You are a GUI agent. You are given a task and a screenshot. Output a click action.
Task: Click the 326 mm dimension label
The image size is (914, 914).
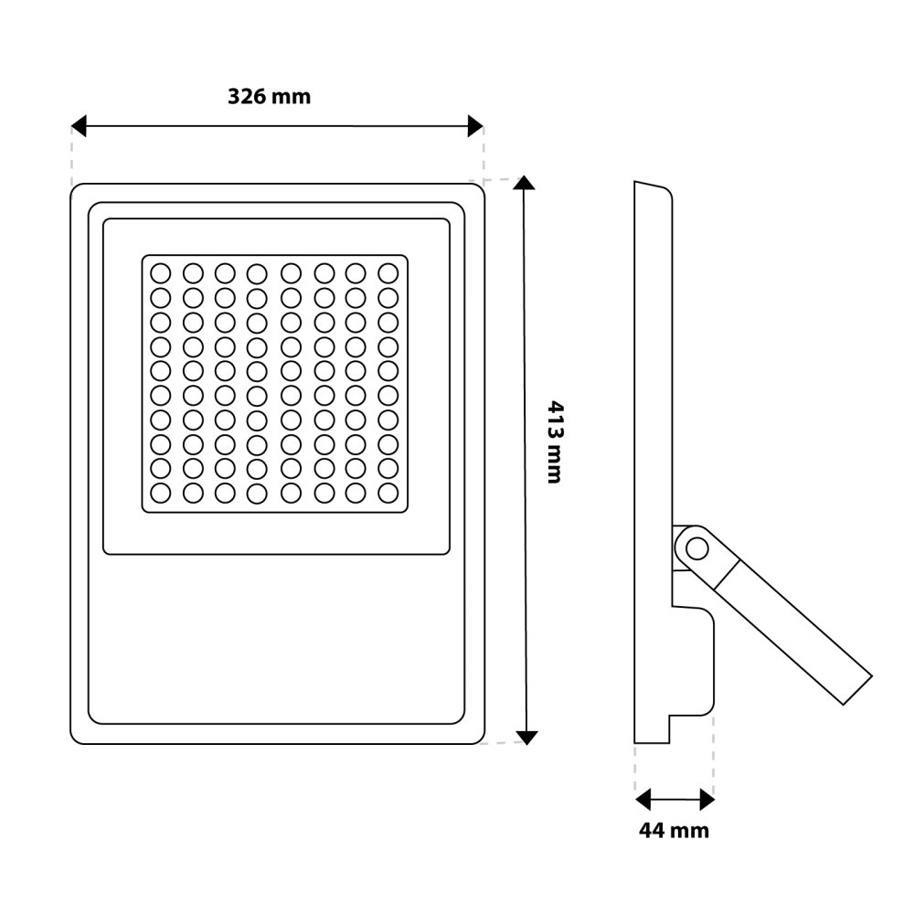[x=270, y=96]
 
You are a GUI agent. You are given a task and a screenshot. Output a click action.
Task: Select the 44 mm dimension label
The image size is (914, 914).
[x=675, y=830]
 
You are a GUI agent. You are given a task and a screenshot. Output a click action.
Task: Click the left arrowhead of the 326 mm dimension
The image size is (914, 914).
[x=79, y=126]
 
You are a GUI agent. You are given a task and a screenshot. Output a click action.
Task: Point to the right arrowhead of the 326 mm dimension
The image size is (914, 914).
[x=474, y=126]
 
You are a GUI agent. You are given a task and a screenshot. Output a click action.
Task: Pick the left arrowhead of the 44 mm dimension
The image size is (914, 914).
[x=643, y=801]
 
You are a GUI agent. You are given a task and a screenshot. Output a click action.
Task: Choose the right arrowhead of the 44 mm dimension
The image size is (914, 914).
[x=707, y=801]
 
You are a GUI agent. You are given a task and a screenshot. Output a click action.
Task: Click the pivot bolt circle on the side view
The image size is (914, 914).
[x=696, y=549]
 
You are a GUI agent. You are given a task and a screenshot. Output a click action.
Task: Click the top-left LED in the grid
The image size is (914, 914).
[x=160, y=272]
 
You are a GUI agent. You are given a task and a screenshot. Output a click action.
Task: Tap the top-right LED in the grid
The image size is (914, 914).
[x=388, y=272]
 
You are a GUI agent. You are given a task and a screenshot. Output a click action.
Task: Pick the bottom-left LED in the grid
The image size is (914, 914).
[x=160, y=493]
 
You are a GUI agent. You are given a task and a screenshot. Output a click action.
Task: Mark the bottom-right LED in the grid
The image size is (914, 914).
[x=388, y=493]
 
